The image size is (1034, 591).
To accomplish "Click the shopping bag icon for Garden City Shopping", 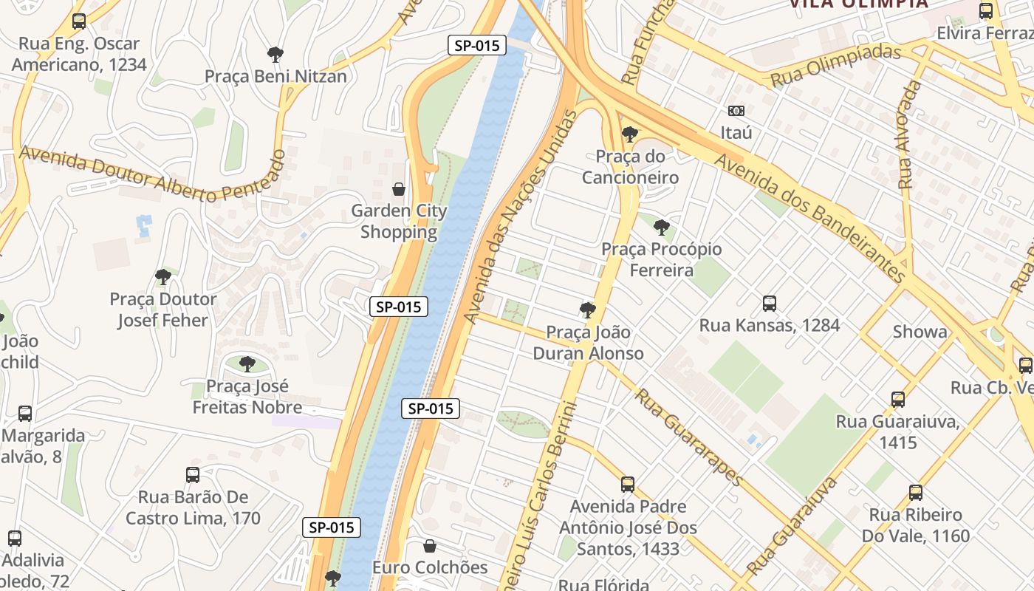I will point(399,189).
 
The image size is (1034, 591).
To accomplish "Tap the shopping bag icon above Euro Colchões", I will point(430,546).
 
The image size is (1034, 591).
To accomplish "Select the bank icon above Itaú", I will point(736,111).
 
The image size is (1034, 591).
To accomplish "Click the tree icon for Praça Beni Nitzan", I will point(275,54).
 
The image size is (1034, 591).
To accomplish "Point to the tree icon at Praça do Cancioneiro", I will point(630,134).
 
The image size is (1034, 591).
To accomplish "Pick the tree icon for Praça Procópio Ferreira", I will point(662,228).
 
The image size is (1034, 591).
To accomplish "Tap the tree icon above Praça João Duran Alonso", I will point(588,310).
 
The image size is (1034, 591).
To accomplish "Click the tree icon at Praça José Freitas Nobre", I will point(247,363).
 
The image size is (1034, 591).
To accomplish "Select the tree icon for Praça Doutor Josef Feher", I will point(163,277).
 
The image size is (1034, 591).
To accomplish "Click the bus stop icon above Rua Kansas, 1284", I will point(770,303).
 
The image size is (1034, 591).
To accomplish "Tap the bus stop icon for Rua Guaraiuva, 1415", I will point(898,400).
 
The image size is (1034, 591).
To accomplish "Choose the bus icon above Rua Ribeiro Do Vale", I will point(916,492).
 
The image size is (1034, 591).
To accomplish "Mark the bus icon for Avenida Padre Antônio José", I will point(628,485).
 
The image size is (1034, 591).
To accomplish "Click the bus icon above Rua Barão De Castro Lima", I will point(193,474).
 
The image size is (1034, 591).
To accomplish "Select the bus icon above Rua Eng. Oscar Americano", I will point(79,21).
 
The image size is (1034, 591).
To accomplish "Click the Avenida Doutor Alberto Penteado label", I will point(151,174).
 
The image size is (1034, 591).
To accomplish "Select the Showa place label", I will point(920,332).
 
